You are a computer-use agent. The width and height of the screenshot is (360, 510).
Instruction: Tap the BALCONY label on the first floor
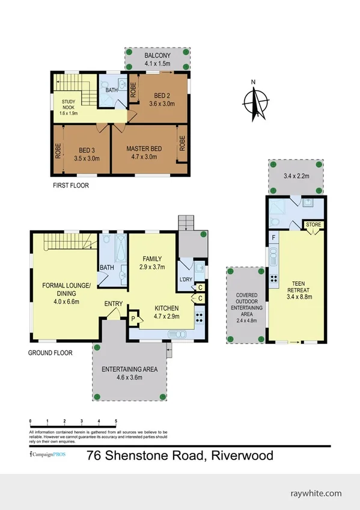[x=158, y=54]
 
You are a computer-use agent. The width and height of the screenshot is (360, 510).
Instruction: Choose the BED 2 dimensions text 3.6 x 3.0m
[x=162, y=103]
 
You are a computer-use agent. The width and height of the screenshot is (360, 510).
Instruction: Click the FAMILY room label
[x=151, y=259]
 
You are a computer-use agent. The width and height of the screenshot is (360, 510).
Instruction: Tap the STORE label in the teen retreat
[x=314, y=226]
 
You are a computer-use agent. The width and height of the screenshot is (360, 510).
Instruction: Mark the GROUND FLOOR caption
[x=50, y=353]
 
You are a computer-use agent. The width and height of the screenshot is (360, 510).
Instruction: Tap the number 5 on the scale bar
[x=115, y=421]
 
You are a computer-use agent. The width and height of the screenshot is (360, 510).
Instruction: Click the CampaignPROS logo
[x=47, y=455]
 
